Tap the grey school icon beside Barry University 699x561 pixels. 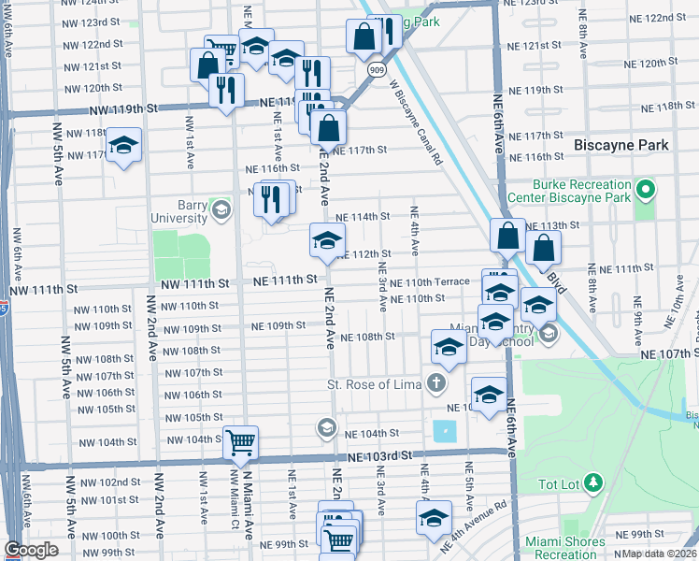pyautogui.click(x=221, y=208)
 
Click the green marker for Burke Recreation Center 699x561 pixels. pyautogui.click(x=644, y=192)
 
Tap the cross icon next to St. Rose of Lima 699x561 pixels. pyautogui.click(x=435, y=382)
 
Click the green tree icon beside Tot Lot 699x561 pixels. pyautogui.click(x=592, y=482)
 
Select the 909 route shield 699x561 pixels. pyautogui.click(x=375, y=69)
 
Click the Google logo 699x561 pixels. pyautogui.click(x=31, y=550)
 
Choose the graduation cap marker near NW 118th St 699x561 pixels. pyautogui.click(x=123, y=146)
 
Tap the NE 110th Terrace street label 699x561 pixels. pyautogui.click(x=430, y=282)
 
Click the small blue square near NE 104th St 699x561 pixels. pyautogui.click(x=446, y=432)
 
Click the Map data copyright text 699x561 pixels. pyautogui.click(x=658, y=554)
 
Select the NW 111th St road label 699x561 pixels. pyautogui.click(x=194, y=283)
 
